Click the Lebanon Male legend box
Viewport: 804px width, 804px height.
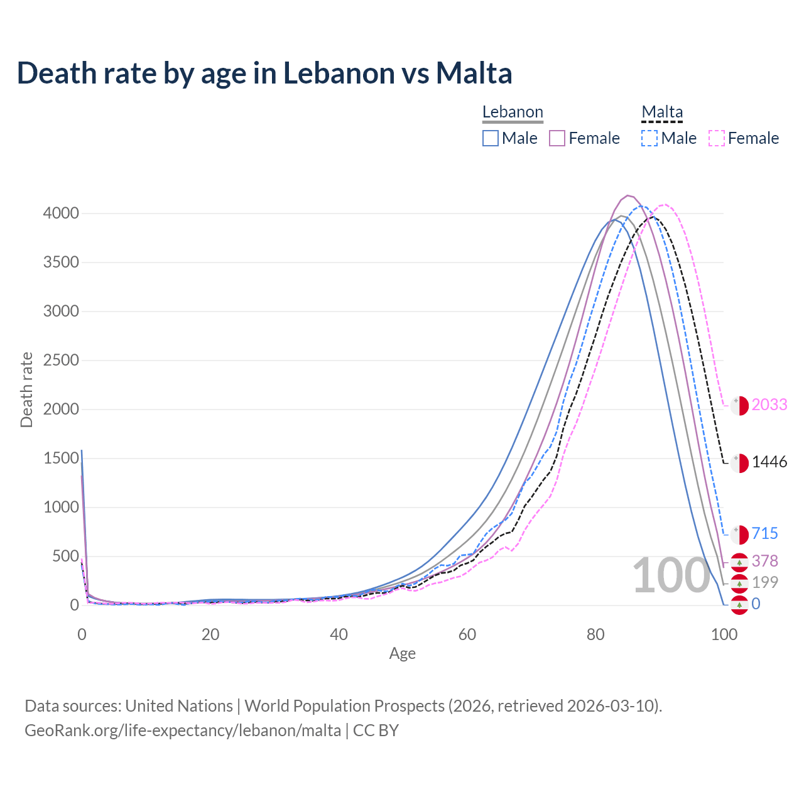491,138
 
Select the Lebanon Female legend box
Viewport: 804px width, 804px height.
557,138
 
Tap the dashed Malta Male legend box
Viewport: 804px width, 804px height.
649,138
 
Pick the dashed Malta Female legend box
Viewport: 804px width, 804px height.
717,138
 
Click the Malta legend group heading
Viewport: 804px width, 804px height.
662,112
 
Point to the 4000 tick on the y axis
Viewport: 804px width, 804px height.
61,214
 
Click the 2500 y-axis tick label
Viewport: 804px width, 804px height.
61,361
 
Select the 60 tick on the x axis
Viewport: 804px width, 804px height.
467,634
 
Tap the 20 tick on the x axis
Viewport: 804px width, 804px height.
210,634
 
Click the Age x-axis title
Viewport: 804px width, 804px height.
403,654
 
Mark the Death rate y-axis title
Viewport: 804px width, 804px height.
26,389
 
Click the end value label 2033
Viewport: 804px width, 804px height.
769,405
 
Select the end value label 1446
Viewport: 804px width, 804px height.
769,462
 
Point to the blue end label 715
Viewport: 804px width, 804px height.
765,534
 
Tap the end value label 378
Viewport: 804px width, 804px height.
765,561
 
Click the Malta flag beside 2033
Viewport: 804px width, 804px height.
739,406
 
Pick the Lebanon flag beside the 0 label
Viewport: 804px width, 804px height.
739,605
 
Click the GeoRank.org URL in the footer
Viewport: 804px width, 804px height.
183,731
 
